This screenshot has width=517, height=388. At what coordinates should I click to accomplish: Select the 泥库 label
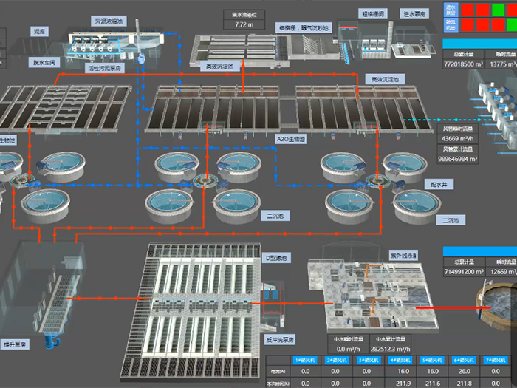(x=40, y=32)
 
